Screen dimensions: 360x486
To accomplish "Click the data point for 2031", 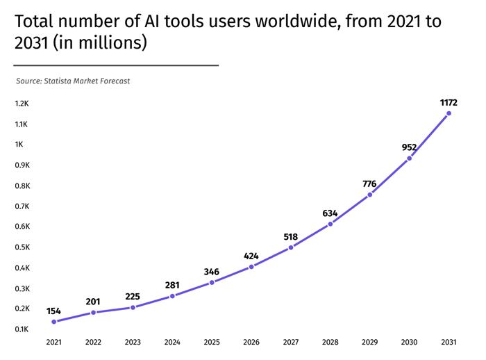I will pos(449,113).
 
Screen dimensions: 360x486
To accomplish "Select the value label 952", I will pos(409,147).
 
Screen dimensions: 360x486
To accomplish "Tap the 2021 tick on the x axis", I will pos(53,343).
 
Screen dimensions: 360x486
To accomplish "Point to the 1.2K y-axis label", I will pos(21,104).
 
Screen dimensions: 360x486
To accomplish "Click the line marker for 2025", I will pos(212,282).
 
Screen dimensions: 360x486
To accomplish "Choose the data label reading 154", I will pos(53,311).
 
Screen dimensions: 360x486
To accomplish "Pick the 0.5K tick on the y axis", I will pos(21,247).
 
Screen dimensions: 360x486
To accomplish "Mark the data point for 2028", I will pos(330,224).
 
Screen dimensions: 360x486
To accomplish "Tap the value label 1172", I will pos(449,102).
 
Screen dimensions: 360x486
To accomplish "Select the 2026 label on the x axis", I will pos(251,343).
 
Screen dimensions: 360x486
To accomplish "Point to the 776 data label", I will pos(369,183).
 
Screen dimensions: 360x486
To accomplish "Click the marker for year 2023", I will pos(133,307).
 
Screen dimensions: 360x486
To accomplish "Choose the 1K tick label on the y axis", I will pos(19,145).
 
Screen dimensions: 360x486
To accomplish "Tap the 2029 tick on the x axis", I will pos(369,343).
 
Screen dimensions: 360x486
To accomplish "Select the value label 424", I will pos(251,256).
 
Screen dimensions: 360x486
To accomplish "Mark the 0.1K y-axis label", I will pos(21,329).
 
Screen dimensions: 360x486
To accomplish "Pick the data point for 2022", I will pos(93,313).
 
